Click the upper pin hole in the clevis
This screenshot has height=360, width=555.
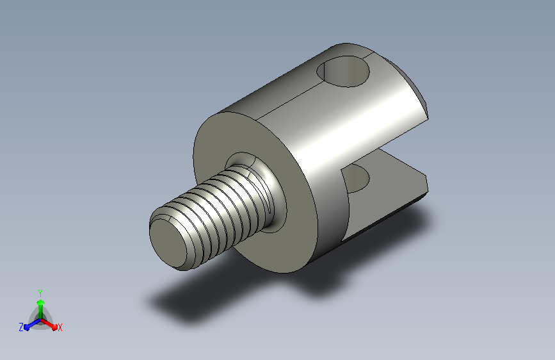click(x=343, y=72)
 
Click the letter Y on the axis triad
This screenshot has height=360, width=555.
click(x=40, y=293)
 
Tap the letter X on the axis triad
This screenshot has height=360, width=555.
click(x=60, y=327)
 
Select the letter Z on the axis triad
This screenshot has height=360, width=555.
click(x=21, y=327)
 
